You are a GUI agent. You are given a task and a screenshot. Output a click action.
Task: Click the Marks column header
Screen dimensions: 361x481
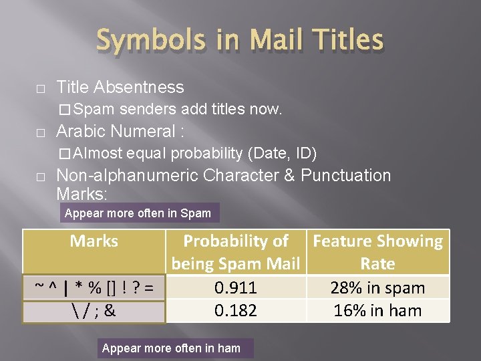(94, 241)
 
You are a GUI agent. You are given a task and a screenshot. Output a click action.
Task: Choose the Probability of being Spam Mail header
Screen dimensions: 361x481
(236, 252)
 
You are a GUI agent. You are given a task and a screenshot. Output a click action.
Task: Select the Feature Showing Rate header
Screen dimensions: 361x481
(377, 252)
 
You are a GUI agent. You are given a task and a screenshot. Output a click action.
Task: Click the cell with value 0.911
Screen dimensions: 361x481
(236, 288)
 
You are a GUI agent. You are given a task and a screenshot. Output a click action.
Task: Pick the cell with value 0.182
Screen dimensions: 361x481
(236, 311)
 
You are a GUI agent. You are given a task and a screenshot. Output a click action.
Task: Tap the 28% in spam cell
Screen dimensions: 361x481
(377, 288)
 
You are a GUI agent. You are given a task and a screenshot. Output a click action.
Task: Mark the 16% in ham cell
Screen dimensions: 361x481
(377, 311)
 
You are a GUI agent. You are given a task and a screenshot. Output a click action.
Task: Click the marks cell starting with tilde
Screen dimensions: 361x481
(94, 288)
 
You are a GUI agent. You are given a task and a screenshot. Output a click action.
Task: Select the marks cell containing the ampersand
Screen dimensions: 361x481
(94, 311)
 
